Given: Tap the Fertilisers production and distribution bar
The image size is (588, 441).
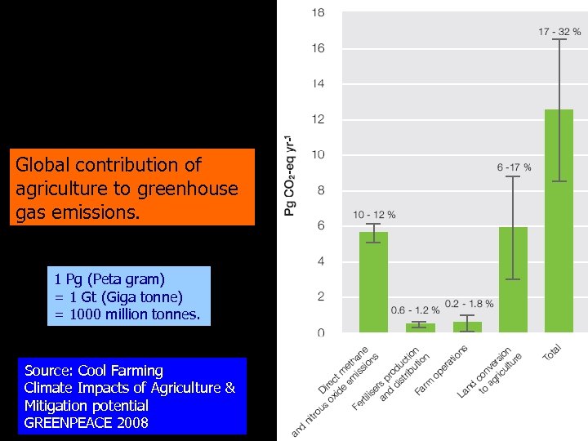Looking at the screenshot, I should coord(420,327).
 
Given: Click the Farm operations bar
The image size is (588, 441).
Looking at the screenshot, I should coord(467,327).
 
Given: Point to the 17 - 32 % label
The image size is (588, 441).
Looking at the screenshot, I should coord(559,32).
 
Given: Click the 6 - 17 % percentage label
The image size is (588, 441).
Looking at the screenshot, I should coord(514,167).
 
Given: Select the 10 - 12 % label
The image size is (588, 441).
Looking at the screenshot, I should coord(374,215).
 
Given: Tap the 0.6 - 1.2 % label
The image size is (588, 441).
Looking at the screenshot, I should coord(415,310).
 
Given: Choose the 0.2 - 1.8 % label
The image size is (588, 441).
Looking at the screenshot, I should coord(469,303).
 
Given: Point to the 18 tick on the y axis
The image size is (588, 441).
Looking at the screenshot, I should coord(318,13).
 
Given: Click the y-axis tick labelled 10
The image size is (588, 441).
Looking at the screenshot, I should coord(318,154).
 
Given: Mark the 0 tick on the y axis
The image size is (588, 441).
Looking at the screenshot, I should coord(320,332).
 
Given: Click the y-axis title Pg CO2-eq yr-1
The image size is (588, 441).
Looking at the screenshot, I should coord(290,176).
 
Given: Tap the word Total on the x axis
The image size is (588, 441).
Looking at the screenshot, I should coord(552,352).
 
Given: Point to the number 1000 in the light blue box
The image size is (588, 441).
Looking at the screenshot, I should coord(91,313).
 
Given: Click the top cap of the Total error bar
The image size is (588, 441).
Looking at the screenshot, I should coord(559,39).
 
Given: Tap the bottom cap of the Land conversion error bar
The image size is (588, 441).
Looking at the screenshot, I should coord(513,279).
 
